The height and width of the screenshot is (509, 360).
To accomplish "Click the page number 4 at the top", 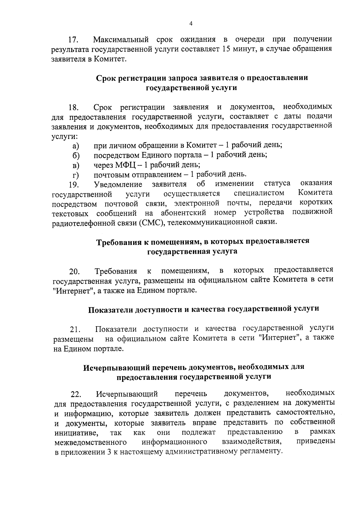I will pos(191,24).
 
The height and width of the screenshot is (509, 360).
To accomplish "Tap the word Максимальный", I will pos(121,39).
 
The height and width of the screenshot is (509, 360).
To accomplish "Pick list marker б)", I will pos(76,156).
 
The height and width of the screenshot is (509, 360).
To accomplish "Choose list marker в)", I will pos(76,165).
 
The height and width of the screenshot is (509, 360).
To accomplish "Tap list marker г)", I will pos(76,175).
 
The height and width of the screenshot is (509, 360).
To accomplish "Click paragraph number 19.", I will pos(73,185).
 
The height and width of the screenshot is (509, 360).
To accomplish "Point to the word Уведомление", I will pos(118,184).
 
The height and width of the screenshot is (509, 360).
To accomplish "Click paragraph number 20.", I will pos(74,272).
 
